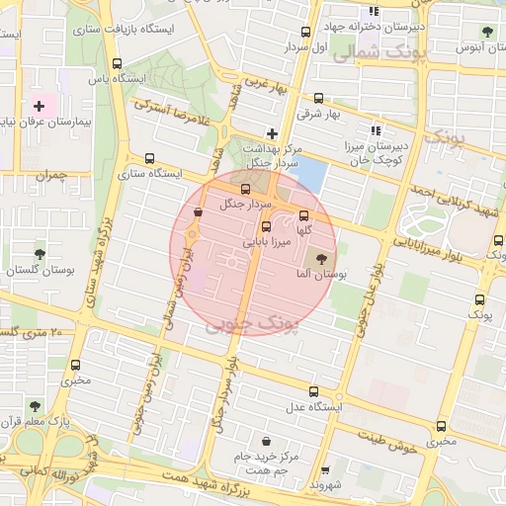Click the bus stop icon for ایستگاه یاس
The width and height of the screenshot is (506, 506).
point(118,64)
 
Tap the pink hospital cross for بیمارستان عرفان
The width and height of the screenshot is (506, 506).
point(39,106)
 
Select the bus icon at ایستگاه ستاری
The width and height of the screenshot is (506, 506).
point(149,158)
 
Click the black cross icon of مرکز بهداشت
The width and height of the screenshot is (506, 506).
point(273,133)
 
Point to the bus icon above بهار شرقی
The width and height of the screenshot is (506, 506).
point(318,98)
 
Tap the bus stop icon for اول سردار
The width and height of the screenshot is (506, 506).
point(305,32)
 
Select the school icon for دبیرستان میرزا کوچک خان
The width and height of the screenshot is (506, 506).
point(375,129)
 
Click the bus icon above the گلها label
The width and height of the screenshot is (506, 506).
point(303,215)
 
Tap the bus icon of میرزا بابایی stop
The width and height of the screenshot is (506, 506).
point(266,226)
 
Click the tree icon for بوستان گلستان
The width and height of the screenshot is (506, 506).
point(40,254)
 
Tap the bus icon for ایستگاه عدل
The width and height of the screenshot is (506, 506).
point(313,391)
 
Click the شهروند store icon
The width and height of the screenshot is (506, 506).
point(323,471)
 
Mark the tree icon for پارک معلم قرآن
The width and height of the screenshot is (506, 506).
point(35,405)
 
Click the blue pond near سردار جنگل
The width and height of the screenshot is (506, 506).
point(309,174)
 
